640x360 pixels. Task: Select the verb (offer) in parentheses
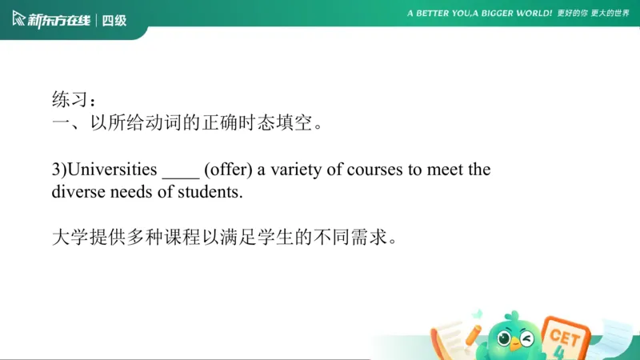pyautogui.click(x=228, y=170)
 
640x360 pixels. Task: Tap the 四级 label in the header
pyautogui.click(x=114, y=19)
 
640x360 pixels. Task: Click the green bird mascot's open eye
pyautogui.click(x=505, y=338)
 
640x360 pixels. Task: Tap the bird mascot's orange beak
pyautogui.click(x=515, y=345)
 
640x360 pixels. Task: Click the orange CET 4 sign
pyautogui.click(x=563, y=336)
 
